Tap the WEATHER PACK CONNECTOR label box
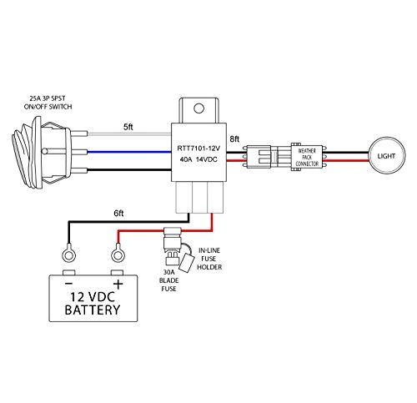point(307,157)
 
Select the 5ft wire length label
point(128,127)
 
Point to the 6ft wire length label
point(118,214)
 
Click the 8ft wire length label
point(234,139)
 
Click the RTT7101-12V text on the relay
point(198,149)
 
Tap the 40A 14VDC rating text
point(198,159)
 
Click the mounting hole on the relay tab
point(198,108)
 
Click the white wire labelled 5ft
point(129,133)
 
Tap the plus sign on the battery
point(118,285)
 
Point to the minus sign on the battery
point(68,284)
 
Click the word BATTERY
point(93,310)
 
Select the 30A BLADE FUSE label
point(168,280)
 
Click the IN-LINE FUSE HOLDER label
point(209,259)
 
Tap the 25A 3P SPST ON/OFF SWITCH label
point(48,103)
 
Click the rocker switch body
point(42,152)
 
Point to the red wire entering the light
point(346,161)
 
